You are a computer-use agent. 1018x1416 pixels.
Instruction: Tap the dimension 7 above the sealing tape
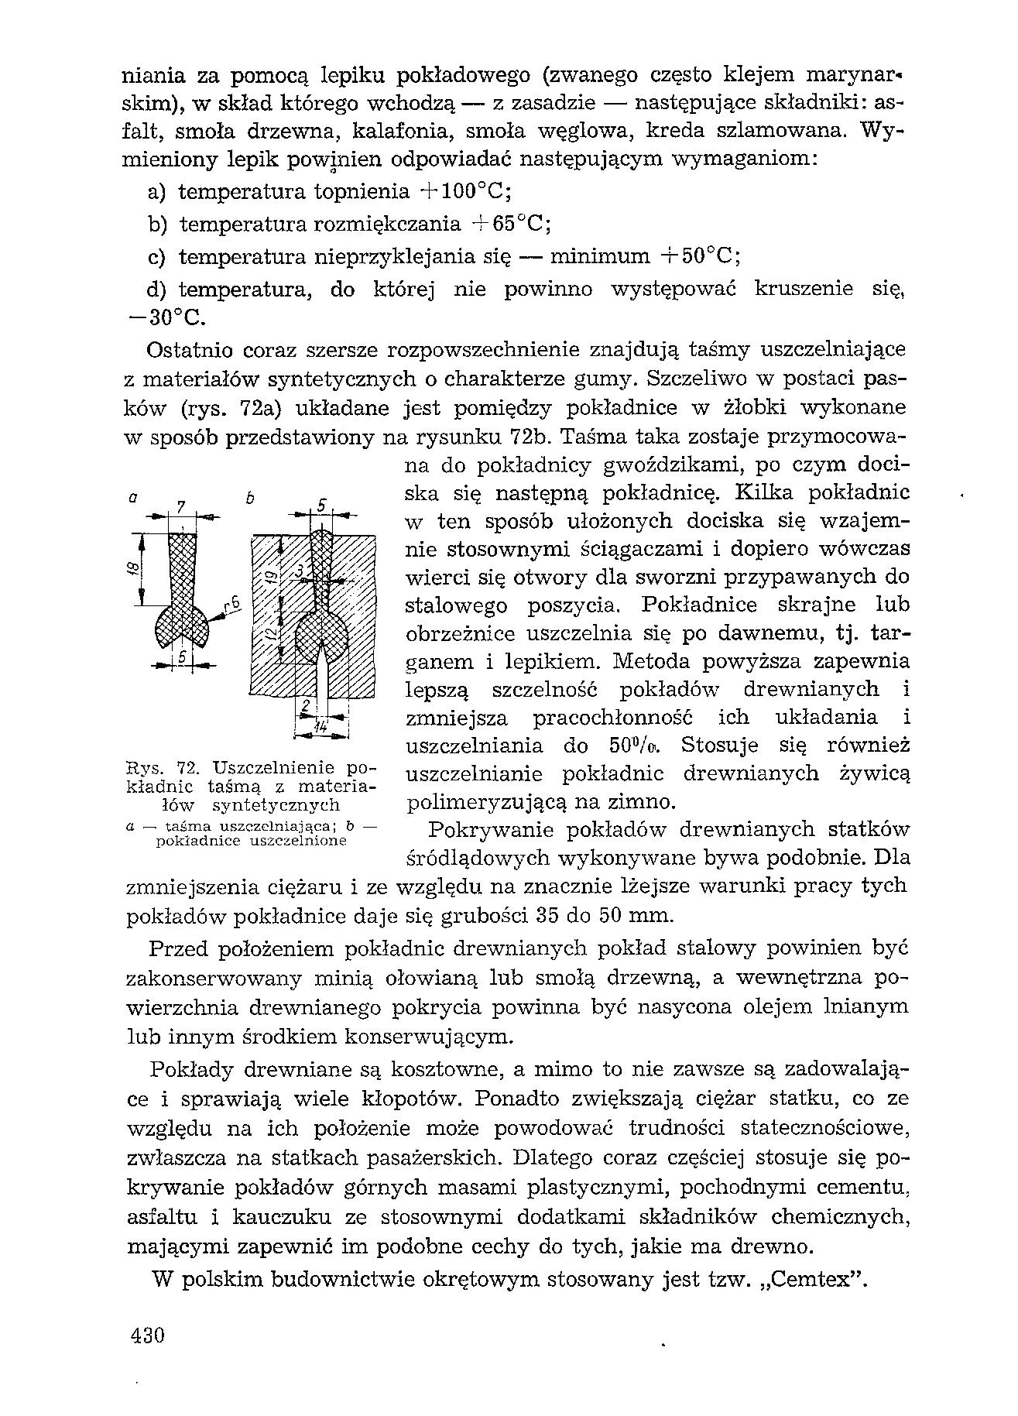tap(180, 507)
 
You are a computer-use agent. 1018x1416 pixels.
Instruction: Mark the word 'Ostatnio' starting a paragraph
tap(189, 351)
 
